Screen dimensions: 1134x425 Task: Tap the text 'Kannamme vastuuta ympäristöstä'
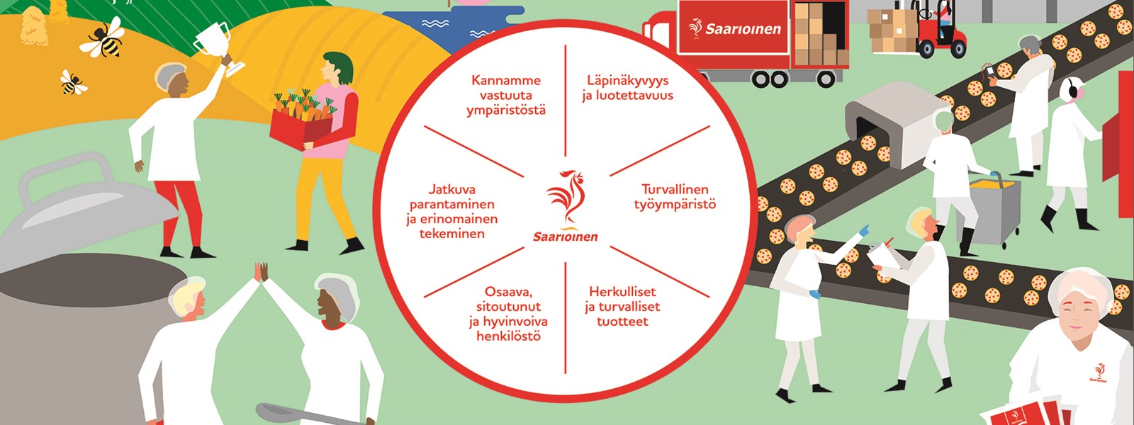coord(506,95)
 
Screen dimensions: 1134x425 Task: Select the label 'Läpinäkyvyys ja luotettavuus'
coord(628,88)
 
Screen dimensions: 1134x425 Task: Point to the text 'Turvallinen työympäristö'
coord(675,197)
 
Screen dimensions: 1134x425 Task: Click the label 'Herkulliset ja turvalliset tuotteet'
coord(623,307)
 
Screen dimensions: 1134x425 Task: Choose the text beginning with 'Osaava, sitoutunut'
coord(508,314)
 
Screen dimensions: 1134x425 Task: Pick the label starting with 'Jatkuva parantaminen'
coord(452,212)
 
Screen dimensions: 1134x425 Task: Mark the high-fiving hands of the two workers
coord(261,272)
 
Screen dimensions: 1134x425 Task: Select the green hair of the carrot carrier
coord(338,67)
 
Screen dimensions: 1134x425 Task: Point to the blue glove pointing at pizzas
coord(863,231)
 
